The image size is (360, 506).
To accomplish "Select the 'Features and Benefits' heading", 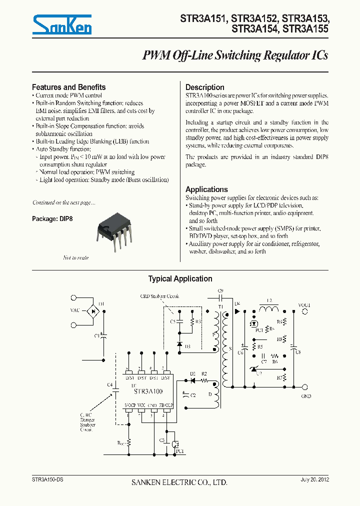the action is click(68, 87).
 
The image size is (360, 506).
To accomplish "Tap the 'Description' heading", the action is click(204, 87).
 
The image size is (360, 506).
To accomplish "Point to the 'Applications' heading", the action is click(206, 189).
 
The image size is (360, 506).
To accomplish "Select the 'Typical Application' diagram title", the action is click(180, 279).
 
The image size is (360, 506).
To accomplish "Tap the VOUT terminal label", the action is click(304, 304).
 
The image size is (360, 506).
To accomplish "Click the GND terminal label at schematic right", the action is click(306, 396).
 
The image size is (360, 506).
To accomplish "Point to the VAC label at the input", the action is click(74, 310).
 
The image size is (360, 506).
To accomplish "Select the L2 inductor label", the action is click(269, 300).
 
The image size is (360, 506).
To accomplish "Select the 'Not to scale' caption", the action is click(75, 257).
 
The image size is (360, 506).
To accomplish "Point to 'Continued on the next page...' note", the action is click(63, 202).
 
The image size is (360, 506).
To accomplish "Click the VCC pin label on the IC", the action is click(141, 404).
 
